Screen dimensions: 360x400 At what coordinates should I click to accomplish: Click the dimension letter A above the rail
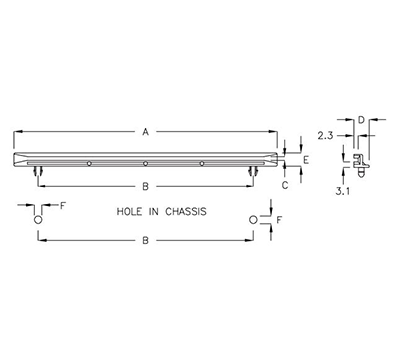pos(145,131)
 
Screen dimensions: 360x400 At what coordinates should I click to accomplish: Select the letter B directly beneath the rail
pos(145,186)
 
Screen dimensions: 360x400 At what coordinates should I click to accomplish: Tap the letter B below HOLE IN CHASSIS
pos(145,241)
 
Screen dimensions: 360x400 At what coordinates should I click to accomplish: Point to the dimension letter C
pos(285,184)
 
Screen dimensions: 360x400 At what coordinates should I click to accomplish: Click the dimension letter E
pos(306,159)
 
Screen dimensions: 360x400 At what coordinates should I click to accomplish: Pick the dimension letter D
pos(360,119)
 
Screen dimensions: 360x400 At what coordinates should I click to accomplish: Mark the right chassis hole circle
pos(253,219)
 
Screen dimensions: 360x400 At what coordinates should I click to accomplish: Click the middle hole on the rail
pos(145,163)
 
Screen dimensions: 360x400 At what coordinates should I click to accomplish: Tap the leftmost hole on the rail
pos(89,163)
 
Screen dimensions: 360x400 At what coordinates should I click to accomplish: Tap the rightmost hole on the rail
pos(201,163)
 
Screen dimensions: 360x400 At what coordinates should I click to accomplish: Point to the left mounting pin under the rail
pos(38,173)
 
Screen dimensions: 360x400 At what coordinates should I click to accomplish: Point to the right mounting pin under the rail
pos(253,173)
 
